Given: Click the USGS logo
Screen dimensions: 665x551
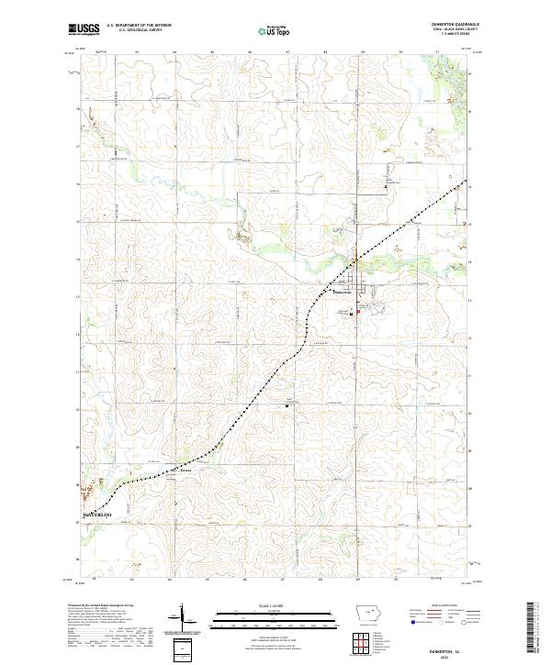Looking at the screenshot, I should pos(84,29).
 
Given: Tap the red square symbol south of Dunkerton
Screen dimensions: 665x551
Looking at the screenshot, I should pos(358,313).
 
